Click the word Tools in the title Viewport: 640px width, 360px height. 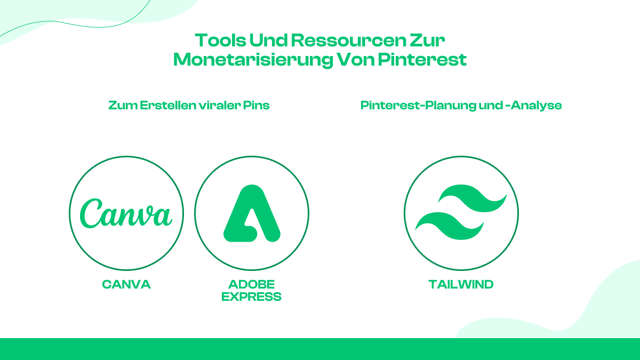(x=221, y=41)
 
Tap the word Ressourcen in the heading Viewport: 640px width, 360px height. (x=348, y=41)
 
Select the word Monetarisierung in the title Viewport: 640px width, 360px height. (x=253, y=60)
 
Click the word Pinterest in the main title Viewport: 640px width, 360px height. (x=422, y=59)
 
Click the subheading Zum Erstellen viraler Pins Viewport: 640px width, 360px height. (x=189, y=105)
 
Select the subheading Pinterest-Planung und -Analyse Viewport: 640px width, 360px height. (x=461, y=106)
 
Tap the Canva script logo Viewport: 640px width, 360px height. (x=126, y=213)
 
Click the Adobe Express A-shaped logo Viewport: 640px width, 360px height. (x=252, y=213)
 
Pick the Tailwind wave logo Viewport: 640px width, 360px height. (x=461, y=212)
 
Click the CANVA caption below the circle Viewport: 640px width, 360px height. (x=126, y=284)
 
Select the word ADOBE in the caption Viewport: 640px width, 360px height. (x=252, y=284)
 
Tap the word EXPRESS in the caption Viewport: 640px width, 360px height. (x=251, y=297)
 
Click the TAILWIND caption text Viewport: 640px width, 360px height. (x=461, y=284)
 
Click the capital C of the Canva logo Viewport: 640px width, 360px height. (x=91, y=213)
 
